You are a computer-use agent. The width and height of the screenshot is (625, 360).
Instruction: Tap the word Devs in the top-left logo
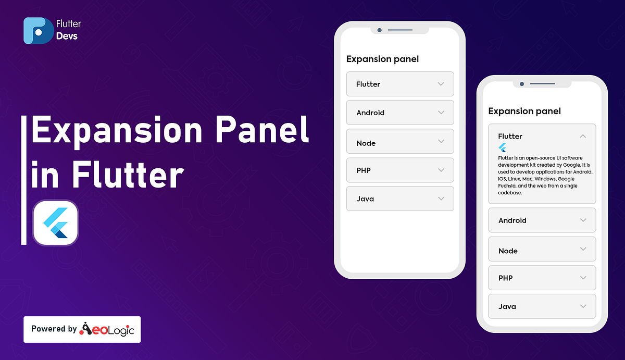point(67,36)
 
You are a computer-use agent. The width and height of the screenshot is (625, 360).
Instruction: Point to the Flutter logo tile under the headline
point(55,222)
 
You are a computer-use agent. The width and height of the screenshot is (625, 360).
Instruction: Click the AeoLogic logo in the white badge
point(107,329)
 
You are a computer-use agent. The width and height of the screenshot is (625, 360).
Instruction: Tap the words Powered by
point(54,329)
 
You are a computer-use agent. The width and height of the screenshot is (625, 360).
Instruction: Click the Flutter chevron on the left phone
point(441,84)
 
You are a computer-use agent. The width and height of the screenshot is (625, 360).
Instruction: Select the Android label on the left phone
point(370,113)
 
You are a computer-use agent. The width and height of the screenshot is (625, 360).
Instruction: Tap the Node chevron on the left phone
point(441,141)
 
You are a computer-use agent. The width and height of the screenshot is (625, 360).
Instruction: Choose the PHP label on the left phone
point(364,170)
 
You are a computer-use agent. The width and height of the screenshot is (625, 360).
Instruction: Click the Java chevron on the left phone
point(441,198)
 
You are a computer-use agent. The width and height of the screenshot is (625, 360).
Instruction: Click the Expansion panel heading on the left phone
point(382,59)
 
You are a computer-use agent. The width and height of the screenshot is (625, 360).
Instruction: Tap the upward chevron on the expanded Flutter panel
point(583,136)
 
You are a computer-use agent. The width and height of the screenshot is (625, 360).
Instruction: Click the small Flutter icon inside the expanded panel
point(503,147)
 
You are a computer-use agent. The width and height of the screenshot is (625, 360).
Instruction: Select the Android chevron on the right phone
point(583,220)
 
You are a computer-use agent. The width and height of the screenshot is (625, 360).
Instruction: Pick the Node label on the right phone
point(508,251)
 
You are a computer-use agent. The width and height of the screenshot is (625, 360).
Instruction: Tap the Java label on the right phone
point(507,306)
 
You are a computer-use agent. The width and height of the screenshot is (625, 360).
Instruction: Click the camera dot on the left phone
point(380,30)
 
